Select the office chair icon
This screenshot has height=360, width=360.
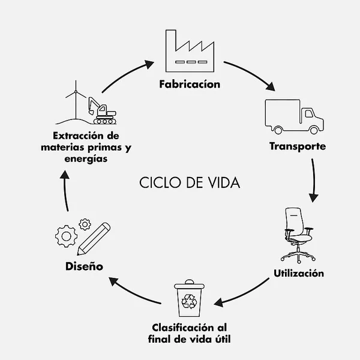(x=298, y=234)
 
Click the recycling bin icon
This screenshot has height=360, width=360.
(x=189, y=298)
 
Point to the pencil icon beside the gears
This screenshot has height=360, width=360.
(x=94, y=239)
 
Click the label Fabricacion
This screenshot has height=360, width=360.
(x=190, y=84)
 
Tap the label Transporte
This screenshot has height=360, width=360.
(x=298, y=146)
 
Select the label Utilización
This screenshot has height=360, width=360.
(x=299, y=274)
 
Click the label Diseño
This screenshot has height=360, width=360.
(x=83, y=265)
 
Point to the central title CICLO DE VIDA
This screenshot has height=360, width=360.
(x=190, y=182)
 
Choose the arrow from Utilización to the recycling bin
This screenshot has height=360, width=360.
(x=246, y=293)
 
